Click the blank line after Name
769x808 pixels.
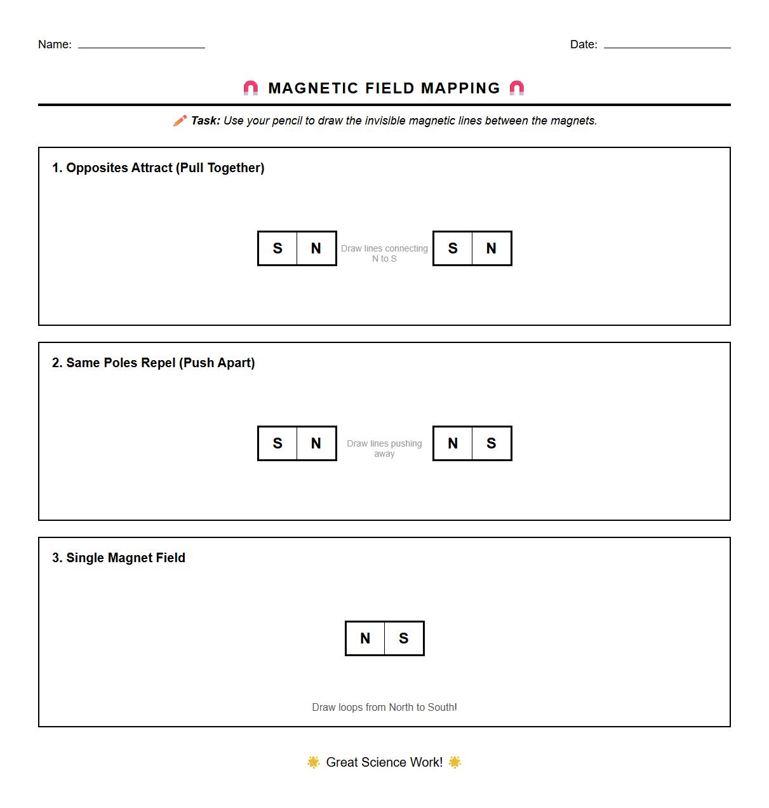click(x=141, y=46)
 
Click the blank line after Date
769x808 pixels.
click(x=667, y=46)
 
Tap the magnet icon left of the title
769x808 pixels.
click(x=251, y=88)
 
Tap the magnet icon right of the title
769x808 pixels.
click(x=517, y=88)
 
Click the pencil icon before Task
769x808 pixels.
click(x=180, y=121)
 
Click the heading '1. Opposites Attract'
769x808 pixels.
click(x=158, y=168)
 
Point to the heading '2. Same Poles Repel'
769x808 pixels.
click(x=153, y=363)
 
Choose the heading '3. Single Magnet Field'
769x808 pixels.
click(x=119, y=558)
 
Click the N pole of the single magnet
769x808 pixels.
click(x=365, y=638)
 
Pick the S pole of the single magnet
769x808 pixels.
click(x=404, y=638)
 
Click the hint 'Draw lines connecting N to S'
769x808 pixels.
click(x=384, y=253)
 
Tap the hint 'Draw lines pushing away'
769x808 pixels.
click(x=384, y=448)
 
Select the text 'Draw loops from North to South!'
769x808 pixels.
click(x=384, y=707)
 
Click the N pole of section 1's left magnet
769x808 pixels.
click(x=316, y=248)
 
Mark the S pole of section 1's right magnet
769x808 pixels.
click(x=453, y=248)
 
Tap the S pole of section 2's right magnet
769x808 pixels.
click(x=491, y=443)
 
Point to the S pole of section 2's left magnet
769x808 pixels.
click(x=278, y=443)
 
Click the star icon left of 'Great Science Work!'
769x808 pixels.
click(x=313, y=762)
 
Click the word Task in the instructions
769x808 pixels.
click(x=205, y=121)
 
